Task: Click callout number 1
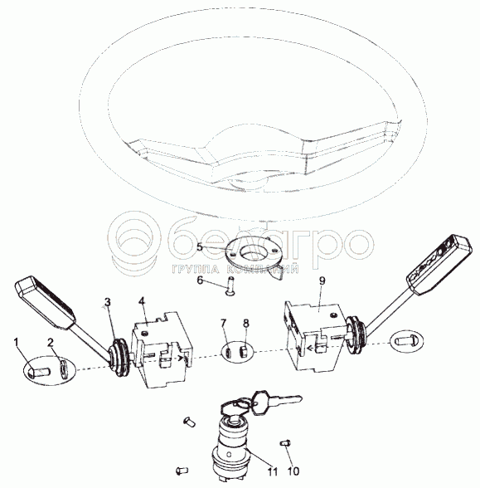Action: click(x=17, y=343)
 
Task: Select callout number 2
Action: click(x=50, y=343)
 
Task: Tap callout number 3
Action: click(x=107, y=302)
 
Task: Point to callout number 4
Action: click(x=142, y=301)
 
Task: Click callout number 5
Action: click(x=200, y=247)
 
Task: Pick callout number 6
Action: click(x=200, y=281)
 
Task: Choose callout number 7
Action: click(x=223, y=323)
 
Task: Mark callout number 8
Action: click(x=246, y=323)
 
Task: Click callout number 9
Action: click(x=322, y=281)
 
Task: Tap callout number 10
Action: click(x=293, y=471)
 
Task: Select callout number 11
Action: click(x=273, y=471)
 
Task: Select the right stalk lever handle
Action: click(x=439, y=264)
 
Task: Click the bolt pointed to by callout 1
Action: click(x=39, y=371)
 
